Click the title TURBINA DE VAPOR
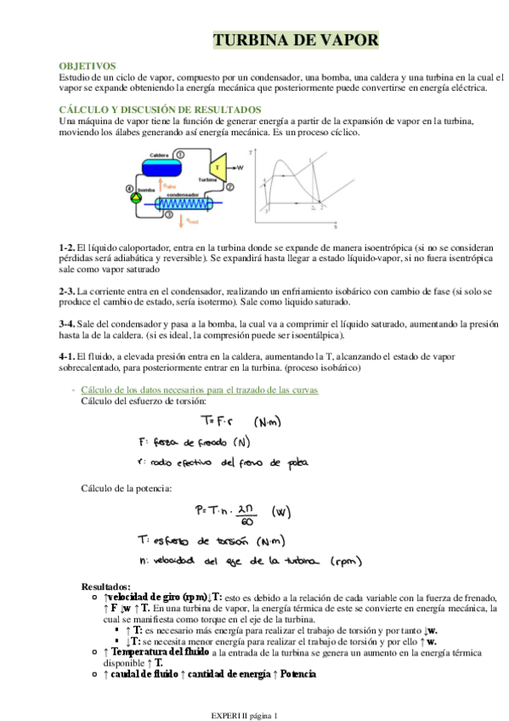[295, 41]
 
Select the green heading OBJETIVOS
[87, 65]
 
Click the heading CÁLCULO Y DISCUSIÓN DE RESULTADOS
[159, 110]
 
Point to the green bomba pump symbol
[137, 196]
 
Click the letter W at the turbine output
[240, 167]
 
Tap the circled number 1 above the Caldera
[181, 153]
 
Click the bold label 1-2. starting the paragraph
[67, 247]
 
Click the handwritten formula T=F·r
[217, 420]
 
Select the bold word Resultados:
[106, 586]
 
